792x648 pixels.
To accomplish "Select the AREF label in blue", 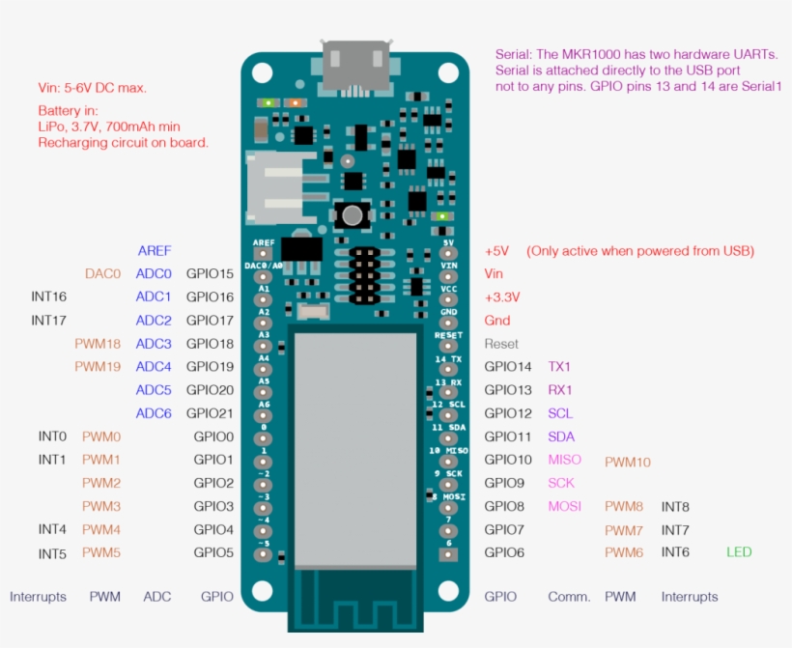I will click(x=155, y=250).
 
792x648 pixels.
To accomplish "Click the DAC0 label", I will click(x=102, y=273).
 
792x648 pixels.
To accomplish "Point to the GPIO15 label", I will click(x=210, y=273).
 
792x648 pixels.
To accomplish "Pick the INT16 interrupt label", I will click(x=48, y=296).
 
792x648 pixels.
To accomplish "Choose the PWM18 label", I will click(x=98, y=343).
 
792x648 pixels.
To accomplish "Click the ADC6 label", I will click(x=154, y=413).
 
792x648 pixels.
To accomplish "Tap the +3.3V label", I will click(x=501, y=296).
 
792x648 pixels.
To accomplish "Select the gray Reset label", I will click(x=501, y=344).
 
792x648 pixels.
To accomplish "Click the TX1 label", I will click(x=559, y=366).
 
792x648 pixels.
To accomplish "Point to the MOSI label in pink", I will click(x=564, y=506).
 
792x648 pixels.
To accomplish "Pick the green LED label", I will click(x=739, y=551).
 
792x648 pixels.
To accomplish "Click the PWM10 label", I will click(x=627, y=463).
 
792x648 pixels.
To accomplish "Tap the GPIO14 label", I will click(x=508, y=366).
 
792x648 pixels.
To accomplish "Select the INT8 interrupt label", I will click(x=675, y=506).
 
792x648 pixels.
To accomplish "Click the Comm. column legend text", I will click(x=569, y=597).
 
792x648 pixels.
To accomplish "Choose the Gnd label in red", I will click(x=497, y=320).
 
